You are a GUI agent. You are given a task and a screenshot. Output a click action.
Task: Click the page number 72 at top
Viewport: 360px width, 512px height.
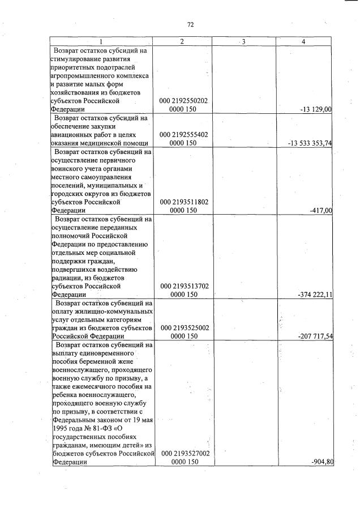(190, 24)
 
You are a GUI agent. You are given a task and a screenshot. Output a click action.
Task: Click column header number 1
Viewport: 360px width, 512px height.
(101, 41)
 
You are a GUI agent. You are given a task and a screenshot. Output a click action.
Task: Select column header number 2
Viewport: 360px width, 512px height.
(182, 41)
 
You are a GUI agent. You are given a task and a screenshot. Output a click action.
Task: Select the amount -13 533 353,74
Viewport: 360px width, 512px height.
(310, 143)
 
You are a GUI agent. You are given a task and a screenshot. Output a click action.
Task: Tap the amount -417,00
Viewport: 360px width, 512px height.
(321, 211)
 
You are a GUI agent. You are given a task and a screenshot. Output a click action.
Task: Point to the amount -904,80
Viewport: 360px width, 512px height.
(322, 462)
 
